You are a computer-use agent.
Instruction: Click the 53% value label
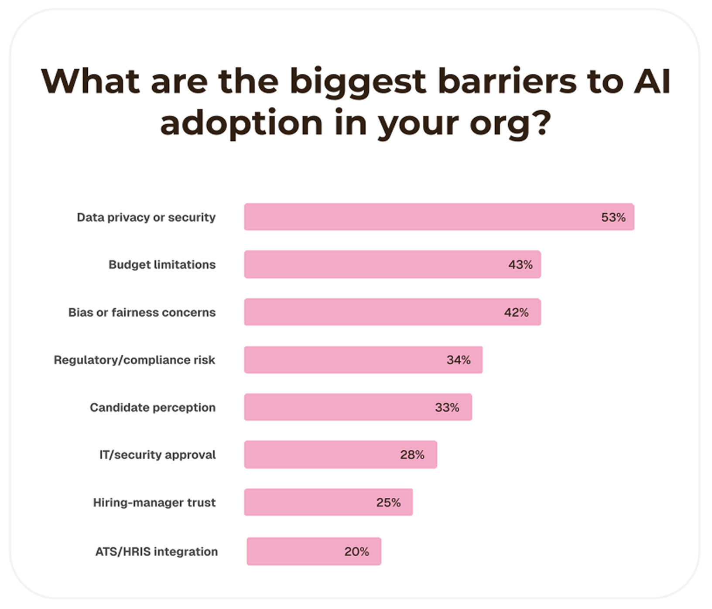coord(613,217)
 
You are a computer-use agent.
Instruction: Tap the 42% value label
coord(516,312)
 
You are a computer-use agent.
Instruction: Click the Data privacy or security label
coord(146,217)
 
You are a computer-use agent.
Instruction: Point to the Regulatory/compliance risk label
coord(134,360)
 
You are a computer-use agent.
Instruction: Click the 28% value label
coord(412,455)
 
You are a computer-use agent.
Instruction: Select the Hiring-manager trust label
coord(154,503)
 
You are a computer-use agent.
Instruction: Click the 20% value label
coord(356,551)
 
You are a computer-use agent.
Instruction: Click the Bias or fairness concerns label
coord(142,312)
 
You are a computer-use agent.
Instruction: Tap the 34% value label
coord(458,360)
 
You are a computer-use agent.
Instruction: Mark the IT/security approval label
coord(157,455)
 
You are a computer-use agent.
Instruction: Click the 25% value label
coord(388,503)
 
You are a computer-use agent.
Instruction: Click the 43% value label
coord(520,264)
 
